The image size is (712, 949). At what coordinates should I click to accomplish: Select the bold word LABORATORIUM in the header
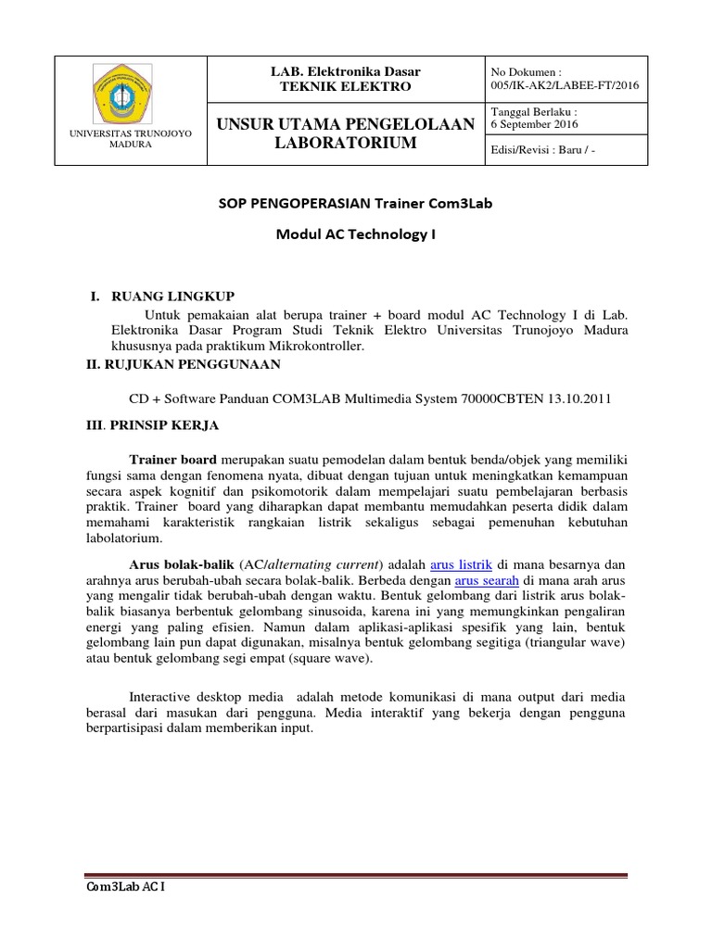[345, 143]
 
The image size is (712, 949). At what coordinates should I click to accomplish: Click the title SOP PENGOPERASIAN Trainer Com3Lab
[356, 203]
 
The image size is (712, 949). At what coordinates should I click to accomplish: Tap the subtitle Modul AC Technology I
[356, 234]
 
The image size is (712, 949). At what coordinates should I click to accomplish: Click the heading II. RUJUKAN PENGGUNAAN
[182, 365]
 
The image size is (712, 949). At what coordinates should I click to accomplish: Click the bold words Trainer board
[172, 459]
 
